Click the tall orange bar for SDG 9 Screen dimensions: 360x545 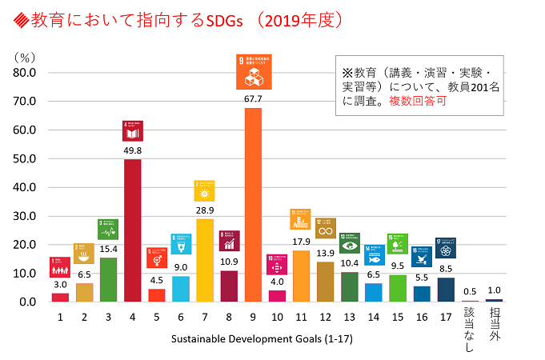point(253,205)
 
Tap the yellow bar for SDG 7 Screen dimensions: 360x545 point(205,260)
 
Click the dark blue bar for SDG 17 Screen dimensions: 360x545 point(446,290)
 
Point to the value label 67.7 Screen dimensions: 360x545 point(253,99)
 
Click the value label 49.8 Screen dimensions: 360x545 point(132,150)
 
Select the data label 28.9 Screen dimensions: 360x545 point(205,210)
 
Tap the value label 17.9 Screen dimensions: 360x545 point(301,242)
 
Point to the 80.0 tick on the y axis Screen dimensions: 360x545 point(23,73)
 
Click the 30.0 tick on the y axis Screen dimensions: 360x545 point(23,216)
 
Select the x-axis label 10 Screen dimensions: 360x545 point(277,318)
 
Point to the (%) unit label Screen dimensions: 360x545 point(25,56)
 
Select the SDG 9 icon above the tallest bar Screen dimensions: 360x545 point(253,73)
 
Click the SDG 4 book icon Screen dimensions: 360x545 point(132,130)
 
